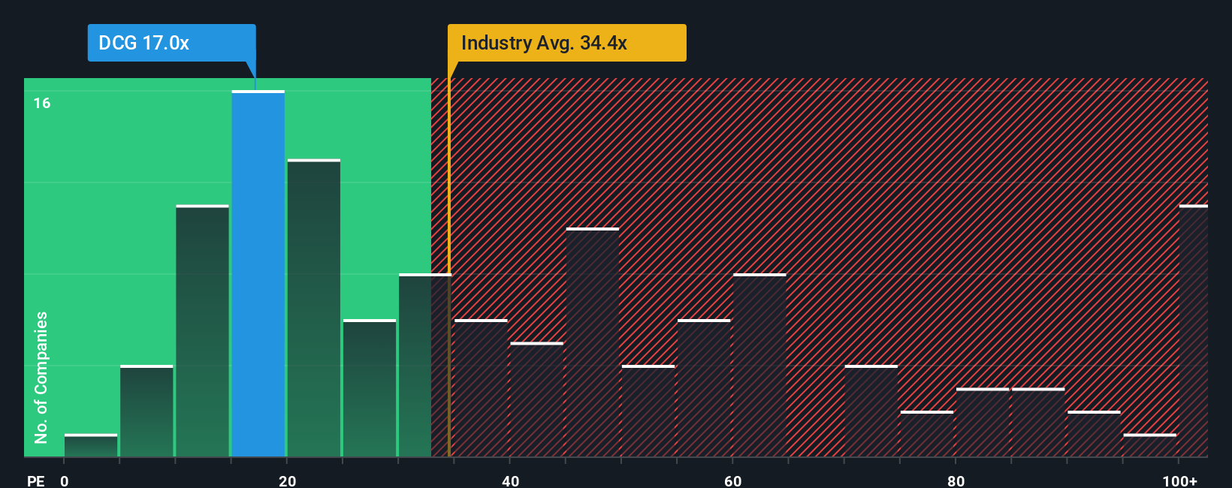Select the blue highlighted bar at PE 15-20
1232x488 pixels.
[258, 274]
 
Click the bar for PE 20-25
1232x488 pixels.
[313, 308]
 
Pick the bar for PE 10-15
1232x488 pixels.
[202, 330]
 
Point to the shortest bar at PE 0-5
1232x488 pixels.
[90, 445]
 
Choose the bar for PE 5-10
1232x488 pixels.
[146, 411]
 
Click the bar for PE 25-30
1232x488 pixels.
[369, 388]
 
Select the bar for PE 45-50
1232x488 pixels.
[592, 342]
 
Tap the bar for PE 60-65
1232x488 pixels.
[759, 365]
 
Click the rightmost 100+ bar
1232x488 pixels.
[1193, 330]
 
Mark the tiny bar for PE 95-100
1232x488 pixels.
[1149, 445]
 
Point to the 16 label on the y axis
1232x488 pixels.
[42, 103]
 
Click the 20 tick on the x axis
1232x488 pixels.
[287, 480]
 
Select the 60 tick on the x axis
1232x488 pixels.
[732, 480]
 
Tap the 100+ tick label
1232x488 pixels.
[1179, 480]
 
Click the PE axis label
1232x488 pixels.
[35, 480]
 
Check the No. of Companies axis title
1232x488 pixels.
[41, 377]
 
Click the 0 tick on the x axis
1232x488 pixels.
[65, 480]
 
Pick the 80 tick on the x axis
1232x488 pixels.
[956, 480]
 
